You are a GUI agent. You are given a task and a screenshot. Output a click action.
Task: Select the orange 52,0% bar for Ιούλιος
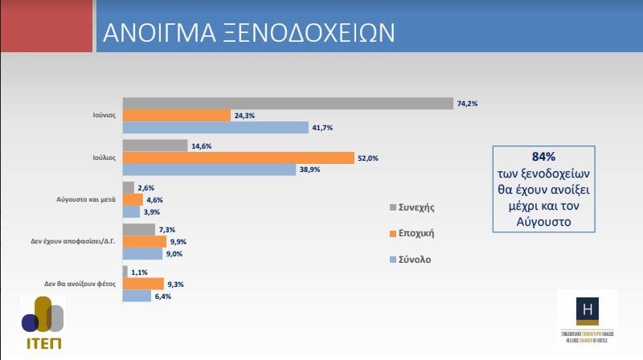coord(238,157)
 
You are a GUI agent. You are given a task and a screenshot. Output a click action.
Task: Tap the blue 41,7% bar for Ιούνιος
coord(215,127)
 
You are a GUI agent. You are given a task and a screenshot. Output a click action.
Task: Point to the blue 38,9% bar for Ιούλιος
coord(210,169)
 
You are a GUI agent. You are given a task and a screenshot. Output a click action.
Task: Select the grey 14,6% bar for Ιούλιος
coord(145,145)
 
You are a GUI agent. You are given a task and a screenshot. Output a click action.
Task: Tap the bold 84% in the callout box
coord(543,157)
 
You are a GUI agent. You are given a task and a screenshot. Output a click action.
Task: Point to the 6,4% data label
coord(164,296)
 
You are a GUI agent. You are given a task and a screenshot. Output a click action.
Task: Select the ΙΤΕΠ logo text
coord(43,342)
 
